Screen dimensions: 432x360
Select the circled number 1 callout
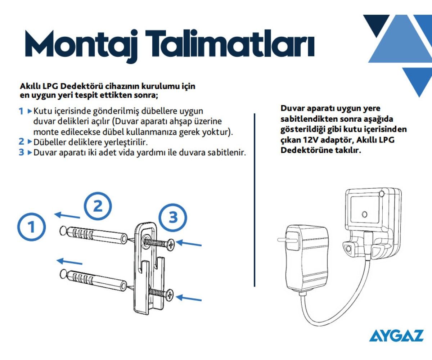(31, 227)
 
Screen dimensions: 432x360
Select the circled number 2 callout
(98, 206)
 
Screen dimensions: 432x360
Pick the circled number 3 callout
(173, 217)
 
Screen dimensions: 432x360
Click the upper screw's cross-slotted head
(171, 245)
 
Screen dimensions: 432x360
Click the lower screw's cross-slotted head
(170, 294)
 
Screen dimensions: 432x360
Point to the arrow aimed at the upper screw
(189, 243)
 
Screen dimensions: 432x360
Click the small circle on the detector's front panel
(364, 214)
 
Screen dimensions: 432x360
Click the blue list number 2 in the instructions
(21, 142)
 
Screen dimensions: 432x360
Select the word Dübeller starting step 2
(50, 142)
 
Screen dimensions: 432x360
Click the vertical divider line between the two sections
(255, 200)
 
